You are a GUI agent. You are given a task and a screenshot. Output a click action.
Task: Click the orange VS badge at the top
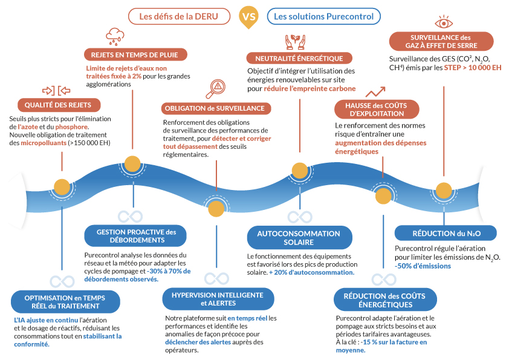(248, 16)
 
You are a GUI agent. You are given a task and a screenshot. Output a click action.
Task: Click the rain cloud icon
(115, 36)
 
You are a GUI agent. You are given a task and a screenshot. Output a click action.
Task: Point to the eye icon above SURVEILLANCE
(444, 23)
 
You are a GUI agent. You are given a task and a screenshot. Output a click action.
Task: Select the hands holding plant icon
(294, 42)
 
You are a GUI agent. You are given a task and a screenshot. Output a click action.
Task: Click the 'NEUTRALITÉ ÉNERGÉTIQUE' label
(299, 58)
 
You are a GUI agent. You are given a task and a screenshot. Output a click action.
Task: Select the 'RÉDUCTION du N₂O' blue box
(446, 233)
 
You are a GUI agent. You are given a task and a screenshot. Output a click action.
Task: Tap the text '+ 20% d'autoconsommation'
(312, 272)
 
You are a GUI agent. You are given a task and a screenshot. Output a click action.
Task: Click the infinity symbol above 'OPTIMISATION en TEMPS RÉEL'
(62, 281)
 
